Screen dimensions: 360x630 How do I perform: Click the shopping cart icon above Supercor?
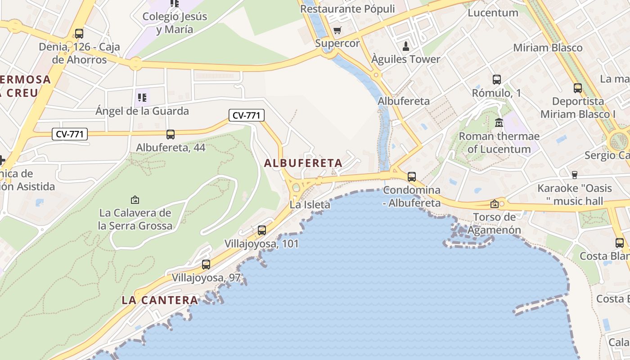337,31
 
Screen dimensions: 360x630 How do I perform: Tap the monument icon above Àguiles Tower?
406,46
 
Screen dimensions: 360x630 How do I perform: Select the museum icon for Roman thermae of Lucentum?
499,122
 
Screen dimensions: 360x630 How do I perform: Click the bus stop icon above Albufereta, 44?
171,134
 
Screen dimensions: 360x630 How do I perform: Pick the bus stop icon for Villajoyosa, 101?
262,230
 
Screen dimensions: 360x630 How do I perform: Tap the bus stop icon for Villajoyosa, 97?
206,265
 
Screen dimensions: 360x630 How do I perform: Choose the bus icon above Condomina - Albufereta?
412,177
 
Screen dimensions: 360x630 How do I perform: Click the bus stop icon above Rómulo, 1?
497,80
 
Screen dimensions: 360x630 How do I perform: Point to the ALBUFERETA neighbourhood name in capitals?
303,163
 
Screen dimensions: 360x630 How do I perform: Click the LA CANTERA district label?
160,300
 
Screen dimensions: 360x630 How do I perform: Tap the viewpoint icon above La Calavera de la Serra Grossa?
135,199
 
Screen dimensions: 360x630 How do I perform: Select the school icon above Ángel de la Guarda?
142,97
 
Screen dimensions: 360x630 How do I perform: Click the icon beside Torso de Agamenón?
495,204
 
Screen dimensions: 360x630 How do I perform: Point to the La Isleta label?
310,205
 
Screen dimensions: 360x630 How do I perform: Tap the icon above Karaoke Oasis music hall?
574,175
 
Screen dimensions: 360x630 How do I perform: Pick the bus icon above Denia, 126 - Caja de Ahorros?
79,33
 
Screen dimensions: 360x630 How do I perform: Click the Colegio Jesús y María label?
175,23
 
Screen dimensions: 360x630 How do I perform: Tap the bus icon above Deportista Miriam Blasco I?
578,88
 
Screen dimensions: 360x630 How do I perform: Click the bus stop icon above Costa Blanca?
620,243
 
